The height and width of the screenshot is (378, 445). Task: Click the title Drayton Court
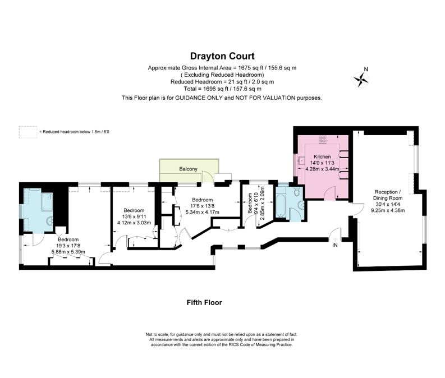click(222, 56)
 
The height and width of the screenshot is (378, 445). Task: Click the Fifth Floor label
click(204, 302)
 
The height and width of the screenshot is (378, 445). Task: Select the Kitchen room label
click(322, 156)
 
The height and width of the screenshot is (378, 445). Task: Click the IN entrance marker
click(335, 245)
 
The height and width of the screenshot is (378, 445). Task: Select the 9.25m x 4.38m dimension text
click(388, 210)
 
